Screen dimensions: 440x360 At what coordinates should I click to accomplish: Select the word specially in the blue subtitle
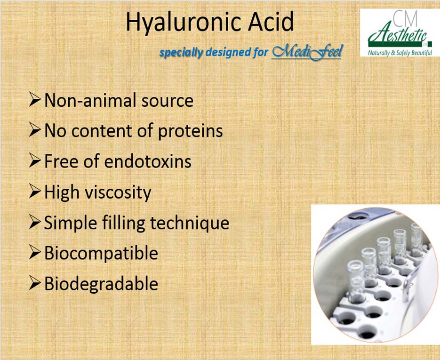181,53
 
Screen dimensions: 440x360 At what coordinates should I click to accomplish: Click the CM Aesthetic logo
400,32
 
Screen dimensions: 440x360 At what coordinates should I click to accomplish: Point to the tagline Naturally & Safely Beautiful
400,53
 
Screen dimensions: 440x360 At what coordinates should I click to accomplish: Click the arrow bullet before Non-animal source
35,99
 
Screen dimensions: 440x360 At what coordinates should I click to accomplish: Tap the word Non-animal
91,100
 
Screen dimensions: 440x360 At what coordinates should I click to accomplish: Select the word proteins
190,131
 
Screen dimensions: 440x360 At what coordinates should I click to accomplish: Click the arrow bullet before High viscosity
35,192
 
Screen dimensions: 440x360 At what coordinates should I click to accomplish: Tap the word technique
190,223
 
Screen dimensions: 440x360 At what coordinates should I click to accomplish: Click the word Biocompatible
101,253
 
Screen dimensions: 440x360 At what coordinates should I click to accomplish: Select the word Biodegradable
101,284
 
